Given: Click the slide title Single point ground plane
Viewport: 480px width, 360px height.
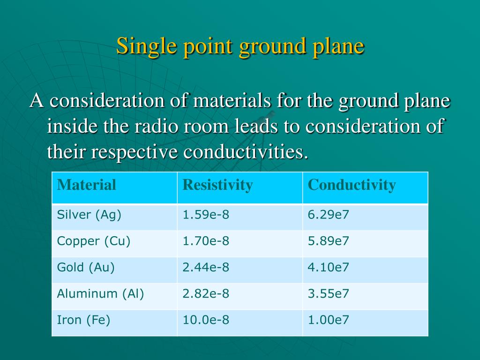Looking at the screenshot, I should coord(240,46).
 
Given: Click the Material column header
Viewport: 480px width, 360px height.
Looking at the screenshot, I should coord(86,185).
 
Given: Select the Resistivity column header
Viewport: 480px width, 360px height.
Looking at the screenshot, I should coord(217,185).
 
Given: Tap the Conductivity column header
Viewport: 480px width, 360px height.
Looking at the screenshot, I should coord(352,185).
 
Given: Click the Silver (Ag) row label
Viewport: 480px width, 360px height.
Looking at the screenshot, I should coord(89,215).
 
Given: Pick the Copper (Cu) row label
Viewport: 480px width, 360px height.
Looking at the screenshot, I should coord(94,241).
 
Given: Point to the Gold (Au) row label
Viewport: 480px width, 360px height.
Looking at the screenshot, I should coord(86,268).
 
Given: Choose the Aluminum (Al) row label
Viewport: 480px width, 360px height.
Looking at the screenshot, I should coord(100,294).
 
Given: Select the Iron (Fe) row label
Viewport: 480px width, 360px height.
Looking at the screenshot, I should coord(83,320).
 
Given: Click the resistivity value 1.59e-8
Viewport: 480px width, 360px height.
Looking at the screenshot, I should coord(206,215).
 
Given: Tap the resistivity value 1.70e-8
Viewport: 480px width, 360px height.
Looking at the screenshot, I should coord(206,241).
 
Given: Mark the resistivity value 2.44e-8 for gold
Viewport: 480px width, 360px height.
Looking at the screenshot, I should coord(206,268).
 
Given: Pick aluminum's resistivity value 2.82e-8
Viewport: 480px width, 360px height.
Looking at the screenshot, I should coord(206,294).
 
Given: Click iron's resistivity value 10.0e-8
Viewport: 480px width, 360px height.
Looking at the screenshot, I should coord(206,320).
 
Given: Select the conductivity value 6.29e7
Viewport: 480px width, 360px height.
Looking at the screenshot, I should coord(328,215).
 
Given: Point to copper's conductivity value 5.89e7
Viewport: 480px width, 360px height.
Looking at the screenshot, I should coord(328,241).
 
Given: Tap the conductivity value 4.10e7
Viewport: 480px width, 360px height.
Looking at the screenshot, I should coord(328,268).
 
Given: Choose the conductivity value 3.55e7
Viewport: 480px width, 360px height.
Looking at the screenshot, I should coord(328,294).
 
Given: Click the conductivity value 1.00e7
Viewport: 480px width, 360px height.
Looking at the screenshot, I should coord(328,320).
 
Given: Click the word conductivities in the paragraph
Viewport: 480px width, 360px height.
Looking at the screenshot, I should coord(246,152).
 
